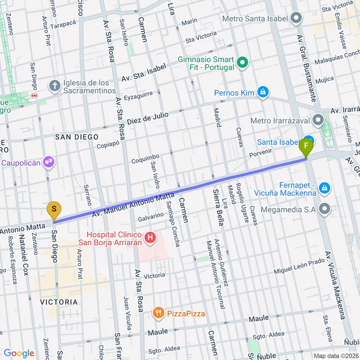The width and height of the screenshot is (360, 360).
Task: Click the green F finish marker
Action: (306, 146)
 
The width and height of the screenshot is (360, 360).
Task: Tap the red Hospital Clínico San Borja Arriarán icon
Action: (150, 237)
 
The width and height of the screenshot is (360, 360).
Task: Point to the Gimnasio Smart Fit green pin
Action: (243, 63)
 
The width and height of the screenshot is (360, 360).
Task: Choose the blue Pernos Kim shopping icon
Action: (262, 92)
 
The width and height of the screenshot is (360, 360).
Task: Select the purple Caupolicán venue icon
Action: (48, 162)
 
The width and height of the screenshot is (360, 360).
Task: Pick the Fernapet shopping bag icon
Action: (325, 188)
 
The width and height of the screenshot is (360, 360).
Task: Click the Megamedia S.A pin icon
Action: (325, 209)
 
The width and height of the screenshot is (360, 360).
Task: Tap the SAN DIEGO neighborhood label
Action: (76, 137)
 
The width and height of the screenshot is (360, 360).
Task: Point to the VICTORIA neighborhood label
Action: (59, 302)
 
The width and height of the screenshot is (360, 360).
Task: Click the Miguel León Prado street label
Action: (299, 266)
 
